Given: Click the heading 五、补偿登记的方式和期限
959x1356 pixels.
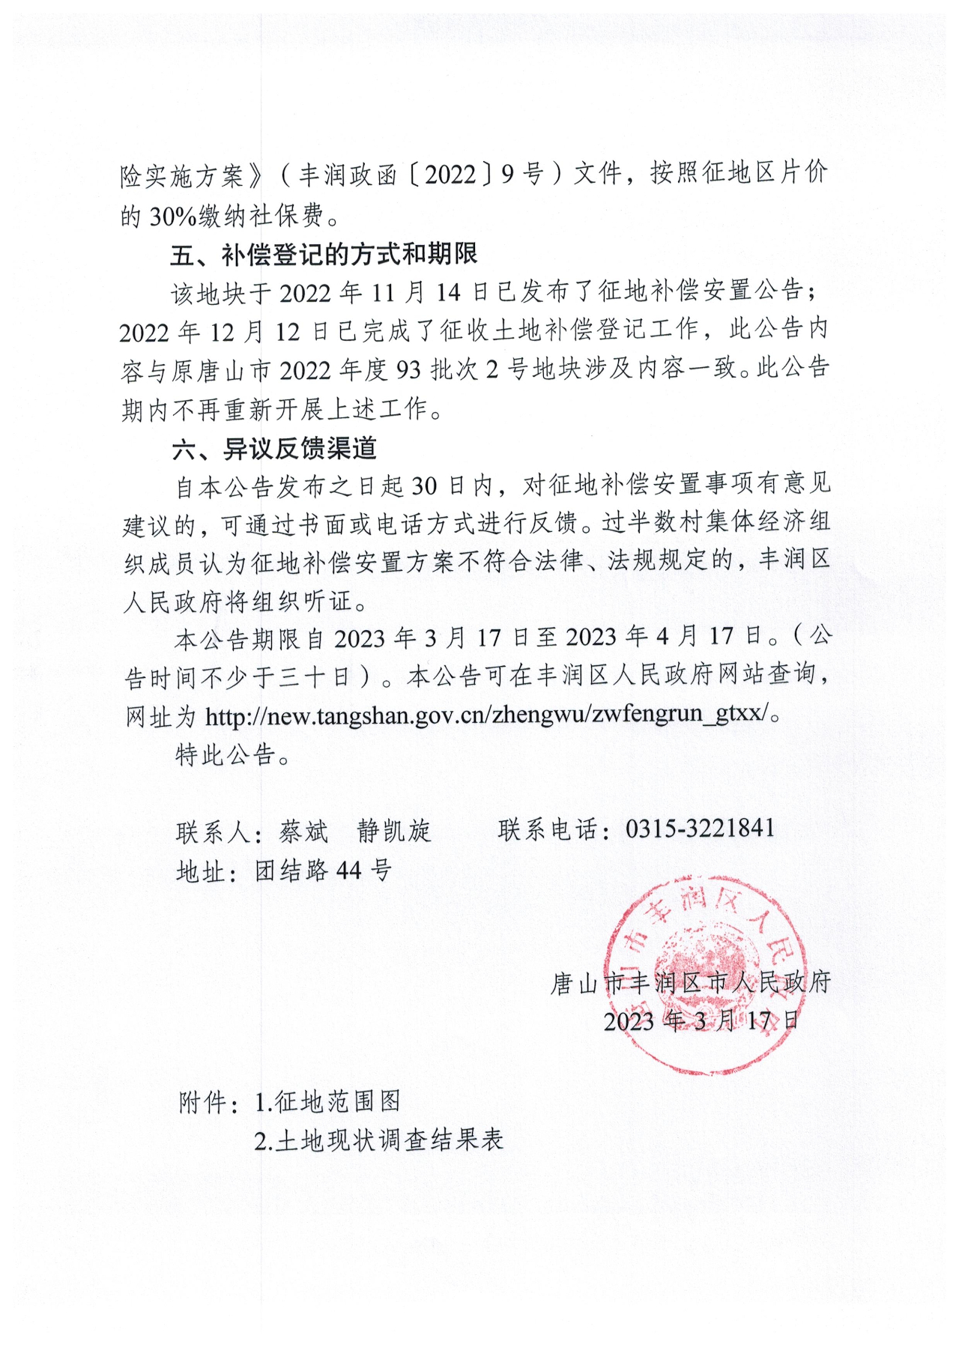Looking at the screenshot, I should coord(323,255).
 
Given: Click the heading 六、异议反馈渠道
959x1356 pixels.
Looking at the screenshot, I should coord(274,448).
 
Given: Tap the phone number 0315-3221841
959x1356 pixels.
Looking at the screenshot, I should coord(699,828).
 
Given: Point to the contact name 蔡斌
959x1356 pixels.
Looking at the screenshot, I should coord(303,831).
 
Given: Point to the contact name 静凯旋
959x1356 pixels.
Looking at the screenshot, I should coord(394,831).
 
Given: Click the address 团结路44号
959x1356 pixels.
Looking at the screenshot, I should coord(323,871).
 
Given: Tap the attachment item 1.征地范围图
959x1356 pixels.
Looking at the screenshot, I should coord(327,1101).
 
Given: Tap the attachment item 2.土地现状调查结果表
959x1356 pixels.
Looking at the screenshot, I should coord(378,1140).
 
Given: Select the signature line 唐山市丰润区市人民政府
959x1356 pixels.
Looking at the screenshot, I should coord(691,982).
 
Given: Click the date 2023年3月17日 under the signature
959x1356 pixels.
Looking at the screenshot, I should coord(701,1020).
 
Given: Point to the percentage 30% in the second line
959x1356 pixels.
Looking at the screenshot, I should coord(173,217).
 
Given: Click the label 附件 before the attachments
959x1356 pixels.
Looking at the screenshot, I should coord(203,1102).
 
